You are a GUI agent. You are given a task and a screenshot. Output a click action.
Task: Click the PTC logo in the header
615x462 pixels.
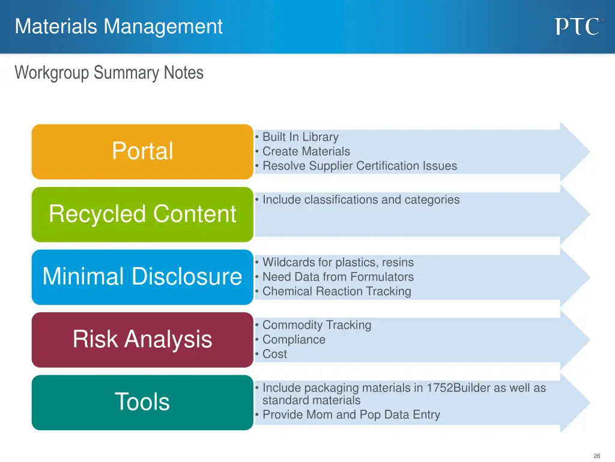[x=577, y=26]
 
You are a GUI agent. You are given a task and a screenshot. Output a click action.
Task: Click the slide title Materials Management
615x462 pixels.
[x=119, y=26]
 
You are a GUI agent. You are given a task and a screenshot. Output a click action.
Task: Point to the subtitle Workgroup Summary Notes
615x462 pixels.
[x=109, y=73]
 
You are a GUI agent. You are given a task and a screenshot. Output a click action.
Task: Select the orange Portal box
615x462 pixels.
[x=142, y=151]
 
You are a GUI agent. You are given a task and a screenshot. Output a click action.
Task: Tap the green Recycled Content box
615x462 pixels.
[x=142, y=214]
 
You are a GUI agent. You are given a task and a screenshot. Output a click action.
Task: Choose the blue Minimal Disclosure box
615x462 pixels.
[x=142, y=277]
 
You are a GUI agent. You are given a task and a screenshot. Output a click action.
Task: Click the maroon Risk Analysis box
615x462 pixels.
[x=142, y=339]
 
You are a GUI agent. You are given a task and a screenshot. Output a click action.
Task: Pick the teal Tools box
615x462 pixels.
[x=142, y=402]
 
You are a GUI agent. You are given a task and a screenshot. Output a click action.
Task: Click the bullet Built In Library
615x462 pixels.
[x=300, y=137]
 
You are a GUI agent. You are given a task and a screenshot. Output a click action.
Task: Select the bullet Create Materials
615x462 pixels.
[x=306, y=152]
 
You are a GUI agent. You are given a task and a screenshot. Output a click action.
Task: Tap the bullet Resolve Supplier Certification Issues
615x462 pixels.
[x=359, y=166]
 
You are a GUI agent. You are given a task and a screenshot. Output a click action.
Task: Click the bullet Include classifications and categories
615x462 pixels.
[x=360, y=200]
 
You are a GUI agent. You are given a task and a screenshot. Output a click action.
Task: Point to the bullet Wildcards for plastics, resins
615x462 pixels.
[x=338, y=262]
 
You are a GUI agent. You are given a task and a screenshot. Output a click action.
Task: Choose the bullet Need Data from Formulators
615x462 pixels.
[x=338, y=277]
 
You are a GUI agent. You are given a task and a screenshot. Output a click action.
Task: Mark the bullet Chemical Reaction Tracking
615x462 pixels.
[x=336, y=291]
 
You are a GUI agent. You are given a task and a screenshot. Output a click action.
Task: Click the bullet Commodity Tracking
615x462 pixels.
[x=317, y=325]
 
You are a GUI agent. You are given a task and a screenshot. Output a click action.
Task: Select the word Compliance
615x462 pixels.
[x=294, y=339]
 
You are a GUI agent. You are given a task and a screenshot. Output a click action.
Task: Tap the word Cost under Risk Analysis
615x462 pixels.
[x=274, y=354]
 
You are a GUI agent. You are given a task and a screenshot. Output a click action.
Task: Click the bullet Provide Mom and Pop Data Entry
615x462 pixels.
[x=351, y=414]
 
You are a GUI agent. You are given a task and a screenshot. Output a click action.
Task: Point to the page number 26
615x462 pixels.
[x=596, y=456]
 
